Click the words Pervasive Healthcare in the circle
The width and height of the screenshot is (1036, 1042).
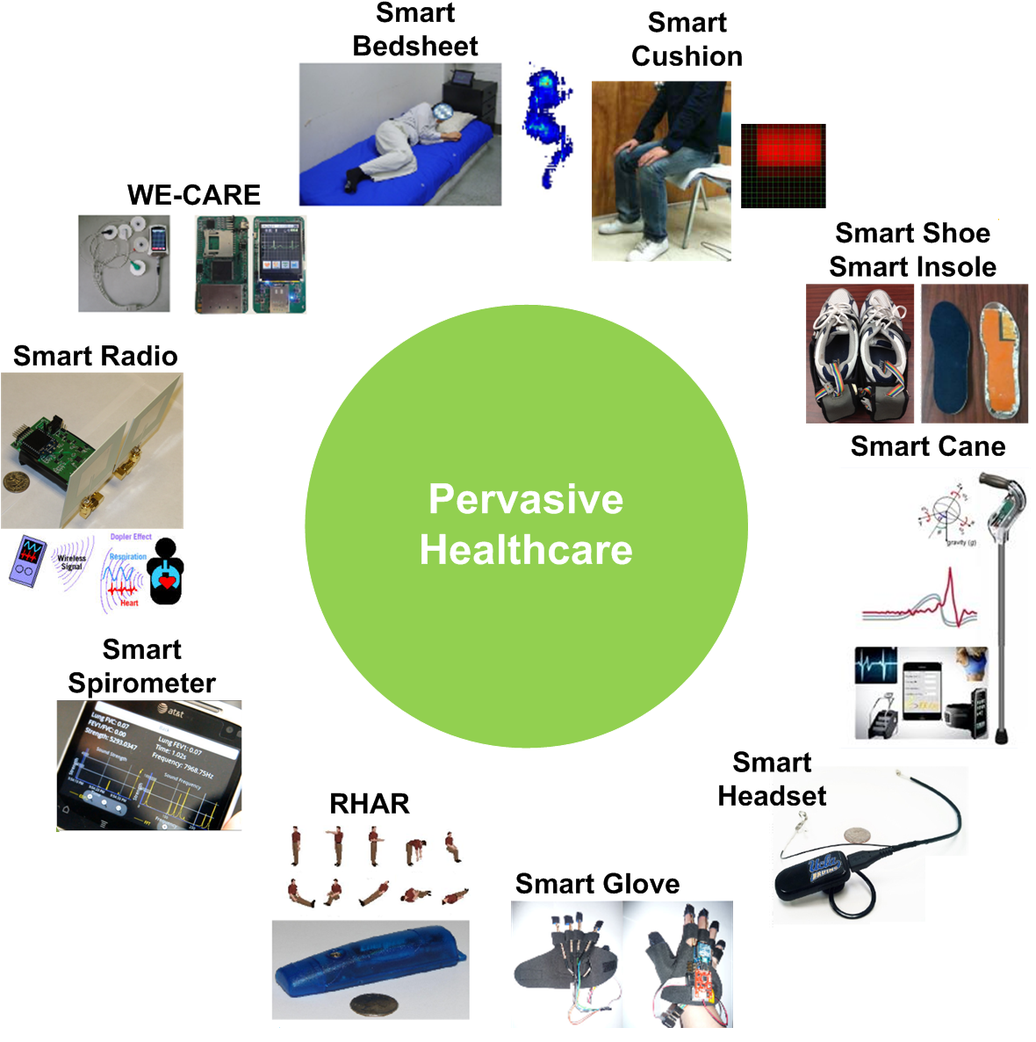click(526, 525)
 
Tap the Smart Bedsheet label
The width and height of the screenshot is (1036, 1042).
click(415, 30)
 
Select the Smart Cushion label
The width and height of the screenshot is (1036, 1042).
click(687, 40)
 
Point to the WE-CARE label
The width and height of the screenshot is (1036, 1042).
click(194, 194)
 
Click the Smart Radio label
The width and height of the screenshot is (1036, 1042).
click(95, 356)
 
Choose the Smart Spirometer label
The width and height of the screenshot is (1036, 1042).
click(141, 666)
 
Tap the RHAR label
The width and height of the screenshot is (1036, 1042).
click(369, 803)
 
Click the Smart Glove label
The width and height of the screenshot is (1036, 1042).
click(597, 883)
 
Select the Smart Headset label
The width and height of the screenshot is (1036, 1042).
click(772, 778)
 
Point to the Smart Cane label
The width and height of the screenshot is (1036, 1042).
click(927, 446)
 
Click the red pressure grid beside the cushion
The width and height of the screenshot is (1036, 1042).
click(783, 165)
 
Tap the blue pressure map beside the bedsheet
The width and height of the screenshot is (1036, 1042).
click(546, 123)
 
